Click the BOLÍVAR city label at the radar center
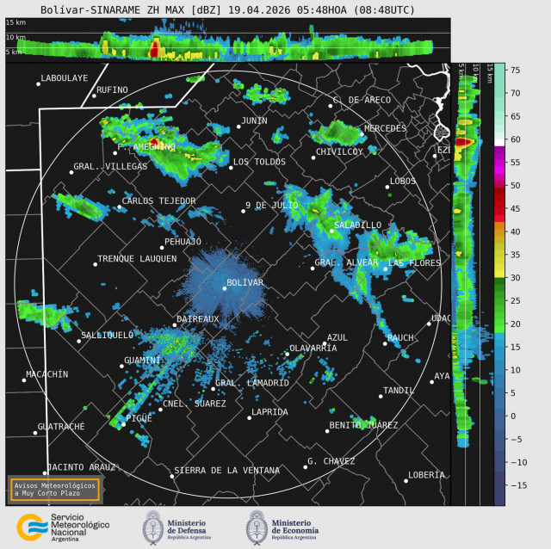click(245, 282)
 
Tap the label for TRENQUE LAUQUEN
click(137, 258)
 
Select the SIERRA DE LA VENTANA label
click(226, 471)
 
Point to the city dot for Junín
click(238, 127)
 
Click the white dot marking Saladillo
click(331, 231)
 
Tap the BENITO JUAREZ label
click(363, 425)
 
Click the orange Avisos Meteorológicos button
click(54, 489)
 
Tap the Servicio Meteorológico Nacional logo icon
click(31, 526)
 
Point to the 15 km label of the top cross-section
click(15, 22)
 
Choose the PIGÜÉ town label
click(139, 418)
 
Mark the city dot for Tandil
click(380, 396)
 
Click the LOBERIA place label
click(427, 475)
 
